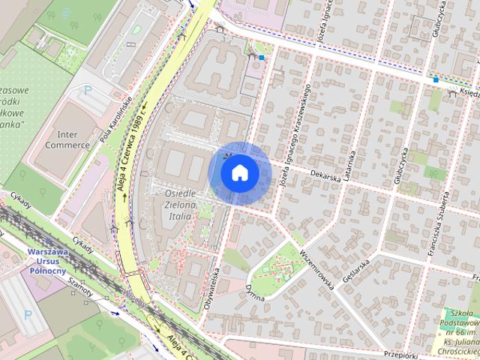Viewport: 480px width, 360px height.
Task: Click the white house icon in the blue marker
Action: [239, 172]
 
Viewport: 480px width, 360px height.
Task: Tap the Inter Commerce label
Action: [67, 139]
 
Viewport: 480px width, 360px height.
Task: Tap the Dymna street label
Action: [255, 292]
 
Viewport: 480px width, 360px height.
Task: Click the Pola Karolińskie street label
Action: [115, 120]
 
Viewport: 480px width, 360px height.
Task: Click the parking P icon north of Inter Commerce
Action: [88, 90]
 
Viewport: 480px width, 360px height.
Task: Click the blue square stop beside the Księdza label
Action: [435, 79]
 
